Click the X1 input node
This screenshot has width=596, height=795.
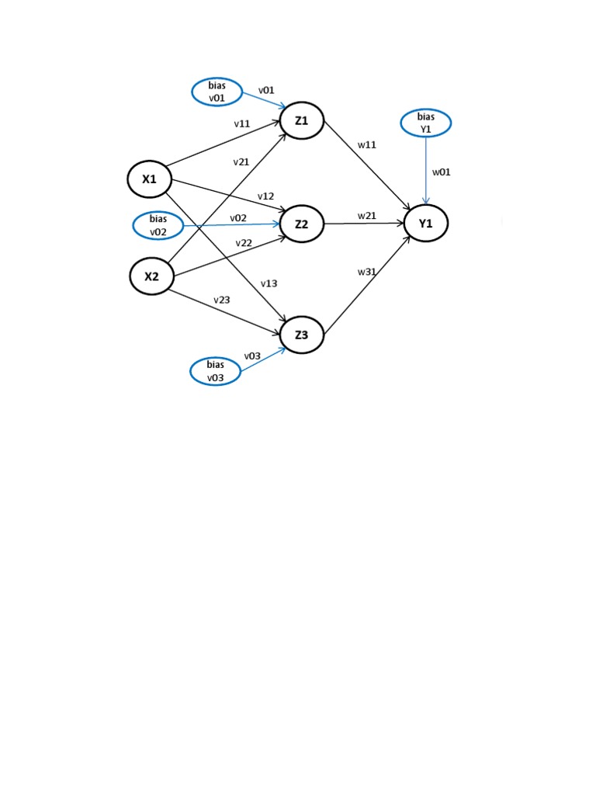click(x=149, y=179)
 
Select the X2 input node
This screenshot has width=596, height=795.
click(x=151, y=276)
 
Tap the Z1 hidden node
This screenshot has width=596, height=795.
click(x=301, y=121)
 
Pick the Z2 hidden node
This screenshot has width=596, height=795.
click(x=302, y=224)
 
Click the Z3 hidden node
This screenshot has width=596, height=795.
click(x=302, y=335)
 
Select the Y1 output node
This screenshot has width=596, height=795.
click(x=425, y=224)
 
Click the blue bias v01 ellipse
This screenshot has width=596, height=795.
click(x=217, y=92)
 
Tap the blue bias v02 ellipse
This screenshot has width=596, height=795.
click(x=158, y=225)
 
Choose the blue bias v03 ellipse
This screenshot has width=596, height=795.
click(x=215, y=371)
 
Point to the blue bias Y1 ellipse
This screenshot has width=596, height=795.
click(x=425, y=123)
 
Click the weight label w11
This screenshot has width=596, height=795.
click(x=367, y=144)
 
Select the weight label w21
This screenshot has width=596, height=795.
click(x=367, y=215)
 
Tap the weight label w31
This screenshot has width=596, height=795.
click(x=366, y=272)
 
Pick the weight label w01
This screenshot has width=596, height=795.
click(x=441, y=172)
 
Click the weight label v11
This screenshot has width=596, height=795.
click(x=241, y=123)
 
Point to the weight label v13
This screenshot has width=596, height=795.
click(x=269, y=283)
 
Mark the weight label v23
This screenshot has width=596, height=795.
click(x=222, y=300)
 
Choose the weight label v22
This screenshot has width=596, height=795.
click(x=244, y=243)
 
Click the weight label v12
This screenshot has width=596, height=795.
click(x=266, y=196)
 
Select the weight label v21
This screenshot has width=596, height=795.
click(x=241, y=162)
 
